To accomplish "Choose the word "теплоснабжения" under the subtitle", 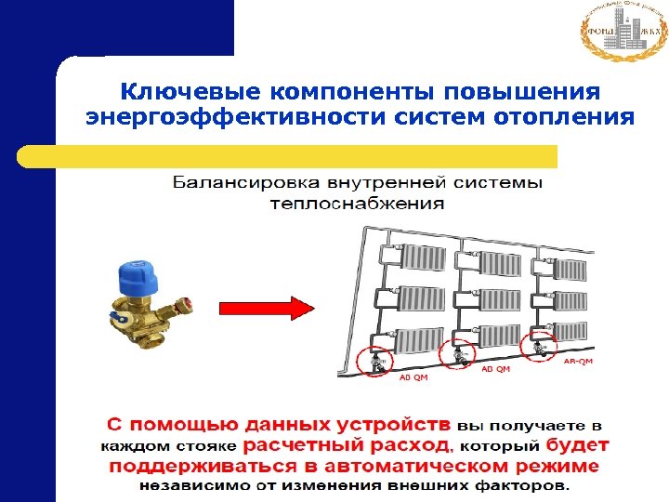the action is tap(358, 202).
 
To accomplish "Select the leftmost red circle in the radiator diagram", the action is tap(377, 357).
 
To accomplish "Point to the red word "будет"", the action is tap(577, 445).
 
